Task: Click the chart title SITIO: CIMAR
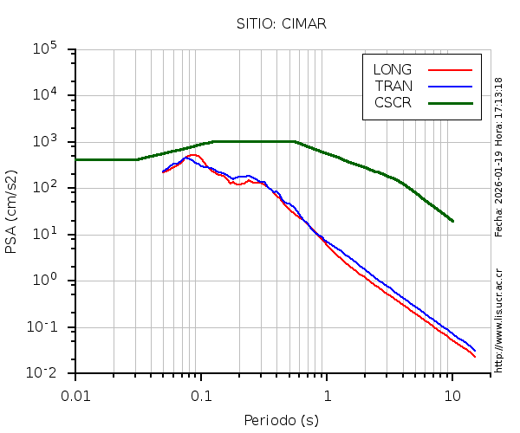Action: [282, 23]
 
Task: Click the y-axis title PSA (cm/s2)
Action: [12, 211]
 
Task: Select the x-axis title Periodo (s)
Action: [282, 420]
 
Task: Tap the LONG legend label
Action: [393, 69]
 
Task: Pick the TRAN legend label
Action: [393, 86]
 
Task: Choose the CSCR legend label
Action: [393, 102]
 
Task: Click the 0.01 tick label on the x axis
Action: [75, 395]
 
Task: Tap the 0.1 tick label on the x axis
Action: [201, 395]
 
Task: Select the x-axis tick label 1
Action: [327, 395]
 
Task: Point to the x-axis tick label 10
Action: [452, 395]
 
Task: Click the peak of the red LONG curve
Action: [195, 155]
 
